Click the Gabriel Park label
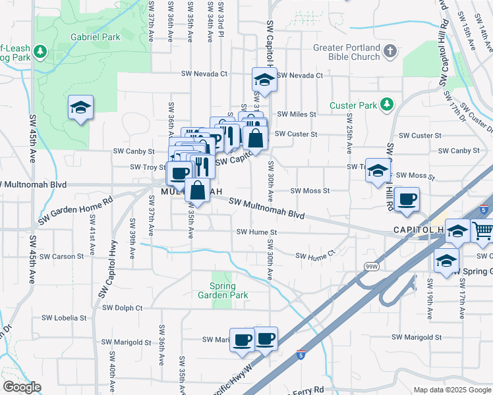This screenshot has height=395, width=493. point(97,37)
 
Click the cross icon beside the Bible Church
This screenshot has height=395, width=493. point(390,51)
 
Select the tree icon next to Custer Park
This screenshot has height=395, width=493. point(386,105)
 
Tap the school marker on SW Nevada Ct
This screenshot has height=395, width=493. point(264,81)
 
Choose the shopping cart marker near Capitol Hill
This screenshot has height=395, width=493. point(482,231)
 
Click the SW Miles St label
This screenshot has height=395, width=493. point(297,114)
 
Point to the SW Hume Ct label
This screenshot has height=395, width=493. point(315,255)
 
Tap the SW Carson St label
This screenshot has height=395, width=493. point(62,256)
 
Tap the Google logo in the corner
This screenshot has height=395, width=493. point(22,387)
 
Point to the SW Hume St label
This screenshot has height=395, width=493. point(256,232)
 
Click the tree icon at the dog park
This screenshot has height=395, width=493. point(41,51)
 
